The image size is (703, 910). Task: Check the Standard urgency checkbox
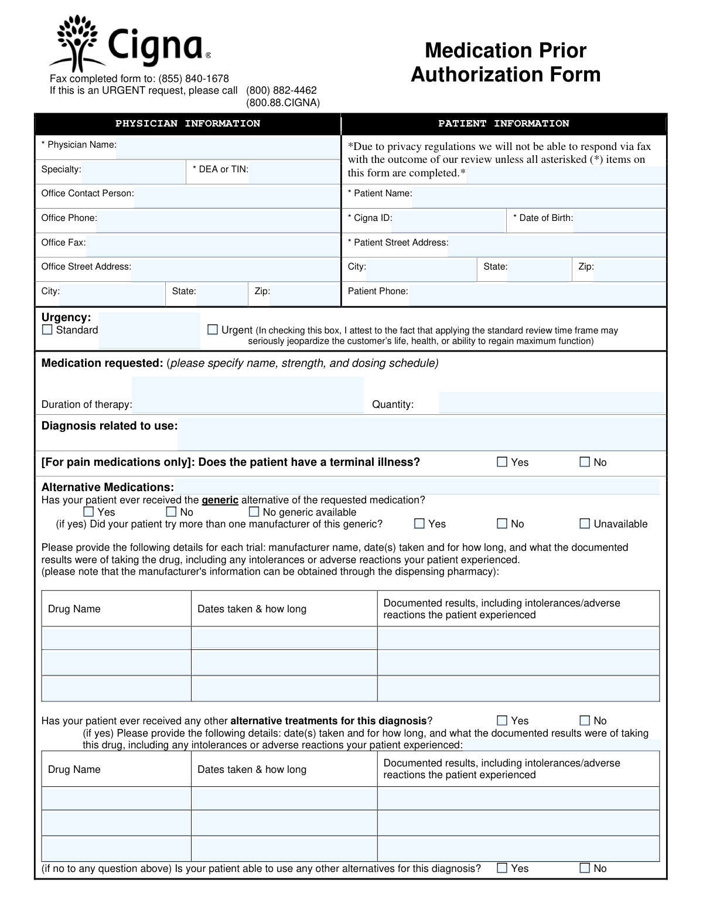pos(47,330)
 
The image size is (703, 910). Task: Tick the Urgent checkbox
pos(213,330)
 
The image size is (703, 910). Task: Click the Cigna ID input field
pos(448,221)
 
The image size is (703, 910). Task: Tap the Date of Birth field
pos(619,221)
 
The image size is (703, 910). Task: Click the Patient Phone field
pos(537,294)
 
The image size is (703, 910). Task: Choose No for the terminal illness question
pos(585,462)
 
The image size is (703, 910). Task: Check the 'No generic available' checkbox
pos(254,512)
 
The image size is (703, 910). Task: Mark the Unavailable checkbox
pos(585,524)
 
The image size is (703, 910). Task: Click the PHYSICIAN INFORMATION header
pos(187,124)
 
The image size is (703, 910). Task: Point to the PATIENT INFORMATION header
pos(504,124)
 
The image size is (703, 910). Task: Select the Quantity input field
pos(551,403)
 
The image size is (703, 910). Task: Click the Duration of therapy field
pos(247,403)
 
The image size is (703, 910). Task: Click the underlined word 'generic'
pos(220,500)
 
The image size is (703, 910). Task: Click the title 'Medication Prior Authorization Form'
pos(506,63)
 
